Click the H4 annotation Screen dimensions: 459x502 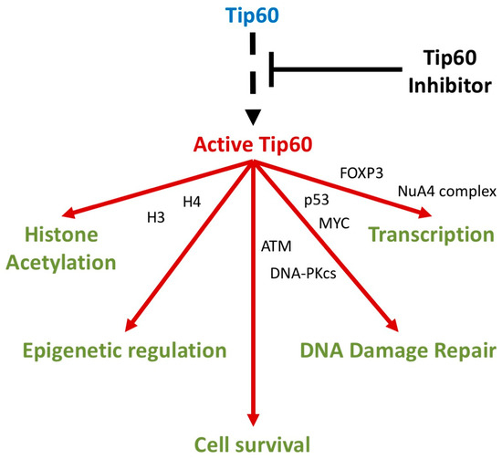[192, 200]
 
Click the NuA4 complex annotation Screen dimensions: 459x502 [445, 191]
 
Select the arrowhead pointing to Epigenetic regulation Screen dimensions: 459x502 [133, 324]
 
